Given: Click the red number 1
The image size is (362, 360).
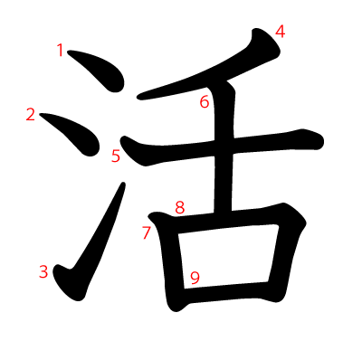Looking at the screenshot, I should tap(61, 51).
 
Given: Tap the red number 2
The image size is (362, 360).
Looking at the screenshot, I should tap(31, 115).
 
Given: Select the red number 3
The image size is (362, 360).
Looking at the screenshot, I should tap(43, 270).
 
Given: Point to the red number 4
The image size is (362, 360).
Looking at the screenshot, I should tap(281, 32).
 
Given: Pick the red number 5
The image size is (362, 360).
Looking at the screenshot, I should tap(116, 156).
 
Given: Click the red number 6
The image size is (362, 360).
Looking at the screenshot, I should tap(205, 101).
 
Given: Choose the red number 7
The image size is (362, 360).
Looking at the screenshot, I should tap(147, 232).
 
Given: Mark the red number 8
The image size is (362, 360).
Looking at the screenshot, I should tap(180, 207).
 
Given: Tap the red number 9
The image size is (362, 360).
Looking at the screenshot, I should tap(195, 277).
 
